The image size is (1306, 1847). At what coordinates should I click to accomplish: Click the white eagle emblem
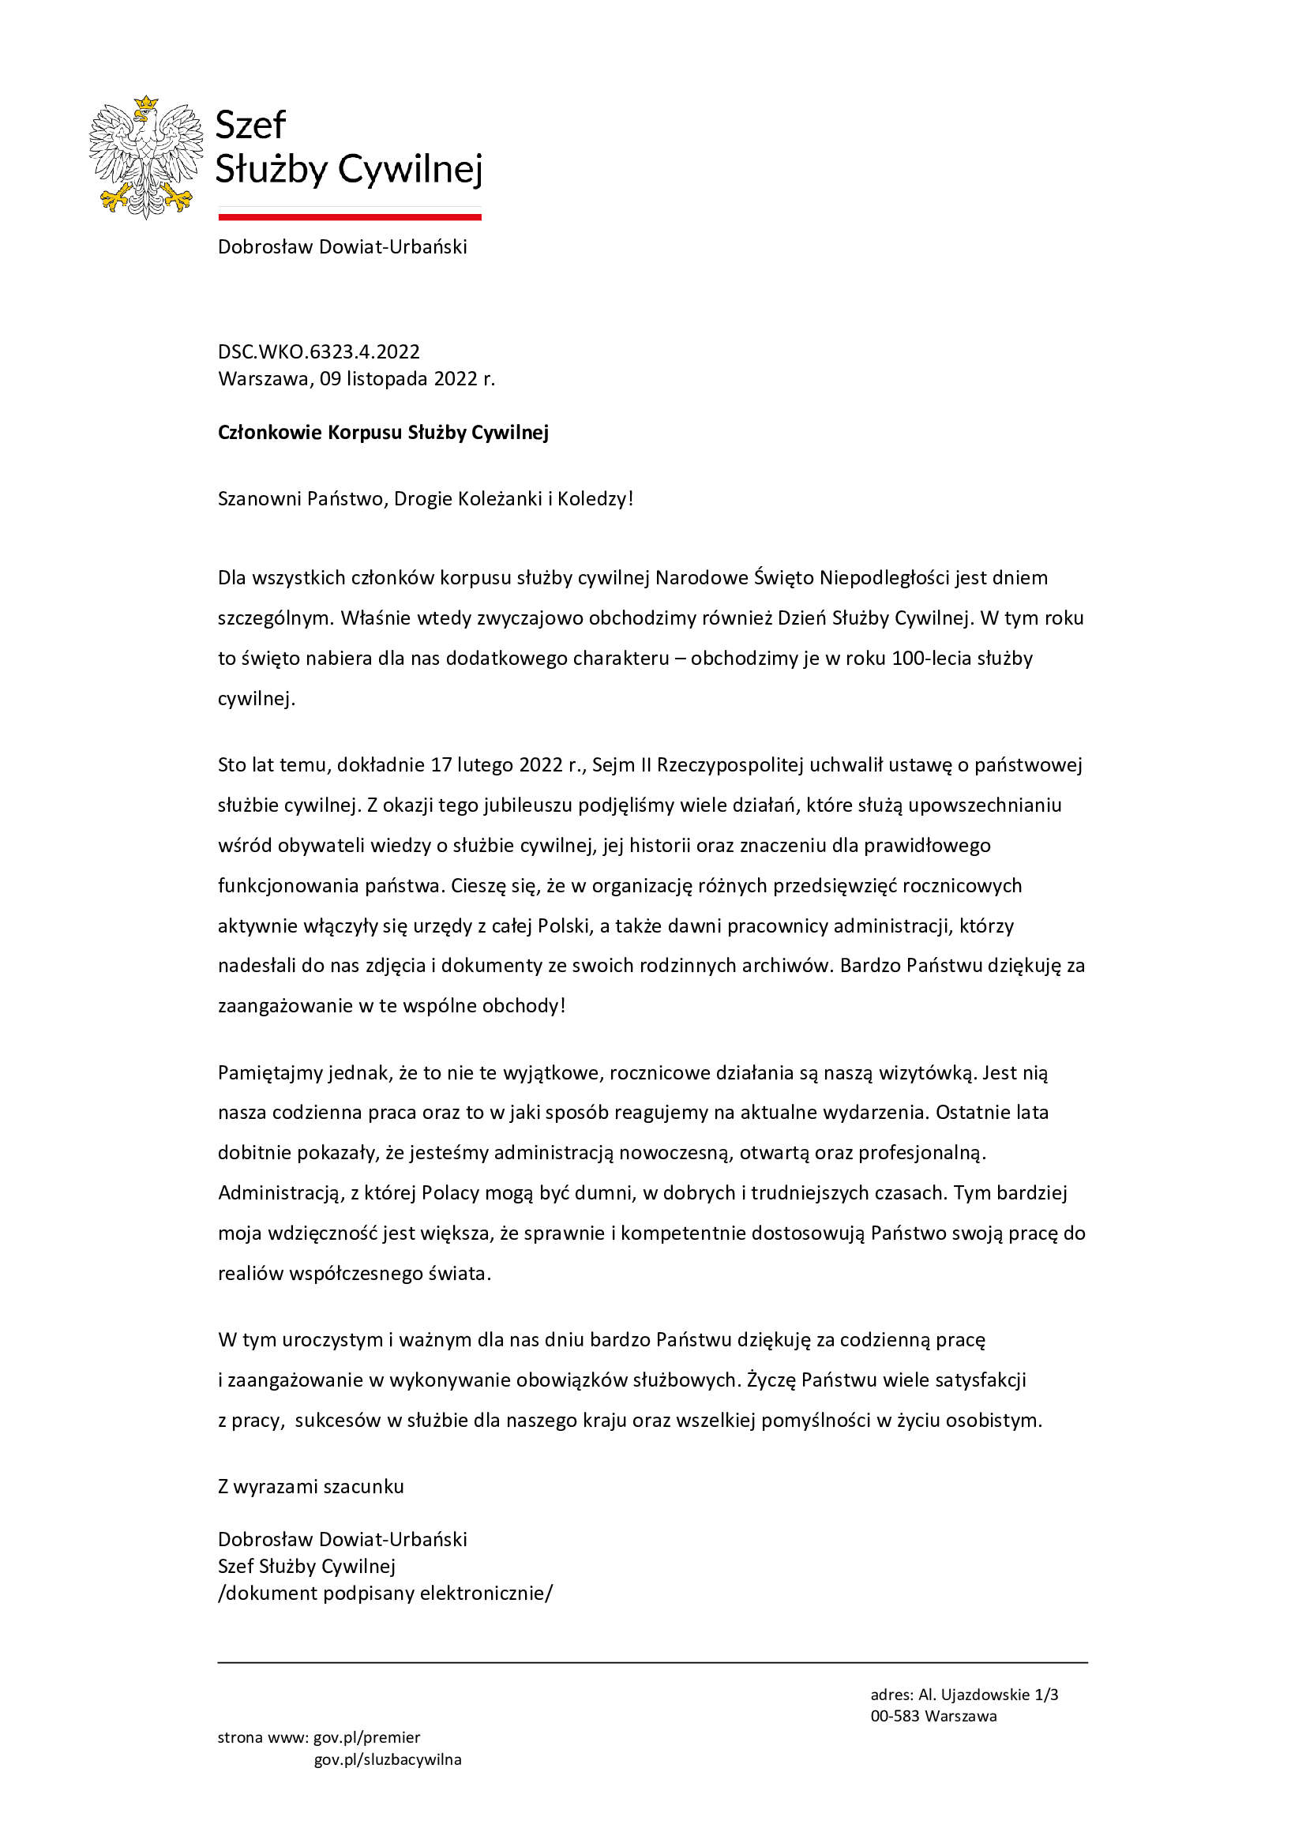(x=145, y=159)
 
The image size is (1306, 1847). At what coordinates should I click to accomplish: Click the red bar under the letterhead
(x=349, y=216)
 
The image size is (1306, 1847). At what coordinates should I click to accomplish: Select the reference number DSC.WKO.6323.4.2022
(x=318, y=351)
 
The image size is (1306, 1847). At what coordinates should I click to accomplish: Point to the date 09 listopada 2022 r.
(x=407, y=378)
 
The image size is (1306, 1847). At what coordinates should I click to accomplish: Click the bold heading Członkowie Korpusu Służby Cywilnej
(x=383, y=432)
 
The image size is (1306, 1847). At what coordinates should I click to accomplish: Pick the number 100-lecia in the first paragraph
(x=931, y=658)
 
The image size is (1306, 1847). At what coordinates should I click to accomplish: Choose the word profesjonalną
(x=921, y=1153)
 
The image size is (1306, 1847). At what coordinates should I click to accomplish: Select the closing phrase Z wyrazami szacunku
(x=310, y=1486)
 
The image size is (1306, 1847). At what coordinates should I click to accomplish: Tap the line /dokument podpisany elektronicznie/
(x=385, y=1593)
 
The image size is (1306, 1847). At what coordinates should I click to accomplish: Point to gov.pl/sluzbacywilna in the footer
(x=388, y=1759)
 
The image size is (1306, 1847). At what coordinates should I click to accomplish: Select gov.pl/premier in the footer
(x=366, y=1736)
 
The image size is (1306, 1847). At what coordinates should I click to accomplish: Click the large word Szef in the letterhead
(x=251, y=126)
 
